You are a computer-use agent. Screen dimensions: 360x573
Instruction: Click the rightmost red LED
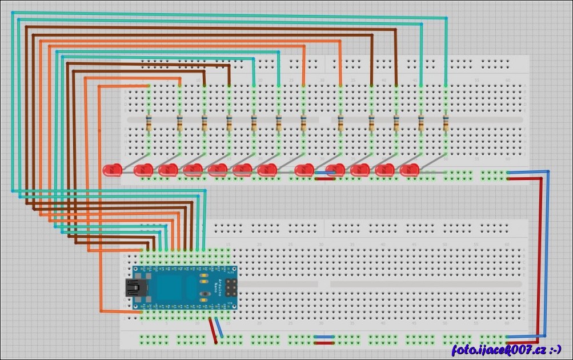point(410,170)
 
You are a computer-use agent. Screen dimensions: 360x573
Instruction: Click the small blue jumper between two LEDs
point(322,173)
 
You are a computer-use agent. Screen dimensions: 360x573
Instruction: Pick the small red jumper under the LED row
point(324,178)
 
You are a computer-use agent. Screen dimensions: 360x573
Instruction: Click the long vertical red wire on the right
point(540,257)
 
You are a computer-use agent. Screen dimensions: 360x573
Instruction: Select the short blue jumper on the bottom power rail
point(324,337)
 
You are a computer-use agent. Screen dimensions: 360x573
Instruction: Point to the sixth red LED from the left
point(242,170)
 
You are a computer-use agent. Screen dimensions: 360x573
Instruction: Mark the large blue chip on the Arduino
point(171,287)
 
